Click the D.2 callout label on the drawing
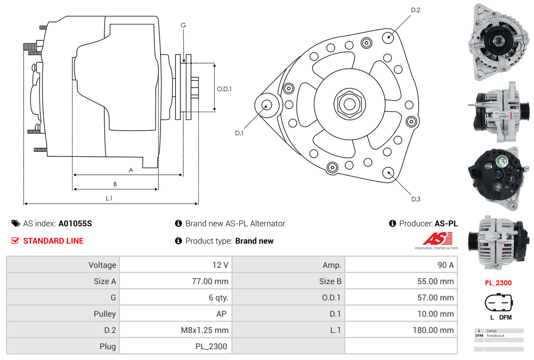[x=416, y=10]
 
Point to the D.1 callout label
[x=239, y=133]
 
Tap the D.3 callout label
[x=416, y=199]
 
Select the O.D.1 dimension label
[x=224, y=89]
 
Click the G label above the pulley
[x=183, y=25]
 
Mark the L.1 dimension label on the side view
[x=109, y=198]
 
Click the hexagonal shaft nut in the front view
[x=349, y=104]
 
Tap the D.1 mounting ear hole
[x=267, y=105]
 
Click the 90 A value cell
[x=401, y=265]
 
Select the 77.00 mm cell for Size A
[x=176, y=281]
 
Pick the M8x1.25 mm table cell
[x=176, y=330]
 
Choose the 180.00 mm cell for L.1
[x=401, y=330]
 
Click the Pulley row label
[x=105, y=314]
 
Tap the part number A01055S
[x=75, y=223]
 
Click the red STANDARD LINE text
[x=53, y=241]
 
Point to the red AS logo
[x=438, y=238]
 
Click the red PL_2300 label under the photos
[x=498, y=283]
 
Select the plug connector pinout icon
[x=498, y=302]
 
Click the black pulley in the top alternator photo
[x=498, y=41]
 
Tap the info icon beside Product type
[x=178, y=241]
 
